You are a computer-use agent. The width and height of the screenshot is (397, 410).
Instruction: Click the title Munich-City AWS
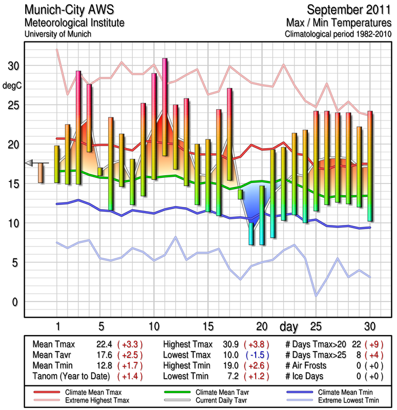click(x=75, y=10)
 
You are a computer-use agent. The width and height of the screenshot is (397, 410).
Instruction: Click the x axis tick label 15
click(x=207, y=326)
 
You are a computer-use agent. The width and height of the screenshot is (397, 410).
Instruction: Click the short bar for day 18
click(x=240, y=194)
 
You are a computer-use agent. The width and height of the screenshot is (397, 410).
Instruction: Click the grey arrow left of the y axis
click(x=29, y=163)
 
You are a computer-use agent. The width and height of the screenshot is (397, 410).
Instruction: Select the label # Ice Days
click(x=306, y=376)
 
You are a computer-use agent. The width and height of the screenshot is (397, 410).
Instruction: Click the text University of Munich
click(x=58, y=34)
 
